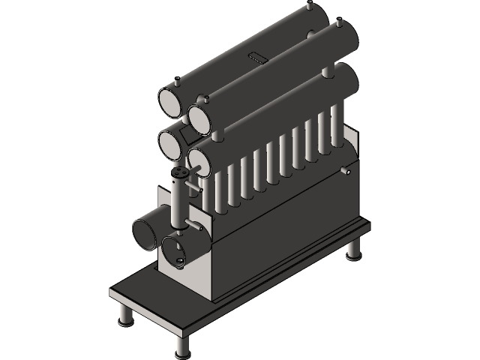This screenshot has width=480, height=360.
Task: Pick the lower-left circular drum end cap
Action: [x=172, y=143]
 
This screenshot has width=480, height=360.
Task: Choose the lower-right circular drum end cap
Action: [x=200, y=160]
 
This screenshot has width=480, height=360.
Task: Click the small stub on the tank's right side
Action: [x=346, y=172]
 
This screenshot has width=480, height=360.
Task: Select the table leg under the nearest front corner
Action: [x=181, y=345]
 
